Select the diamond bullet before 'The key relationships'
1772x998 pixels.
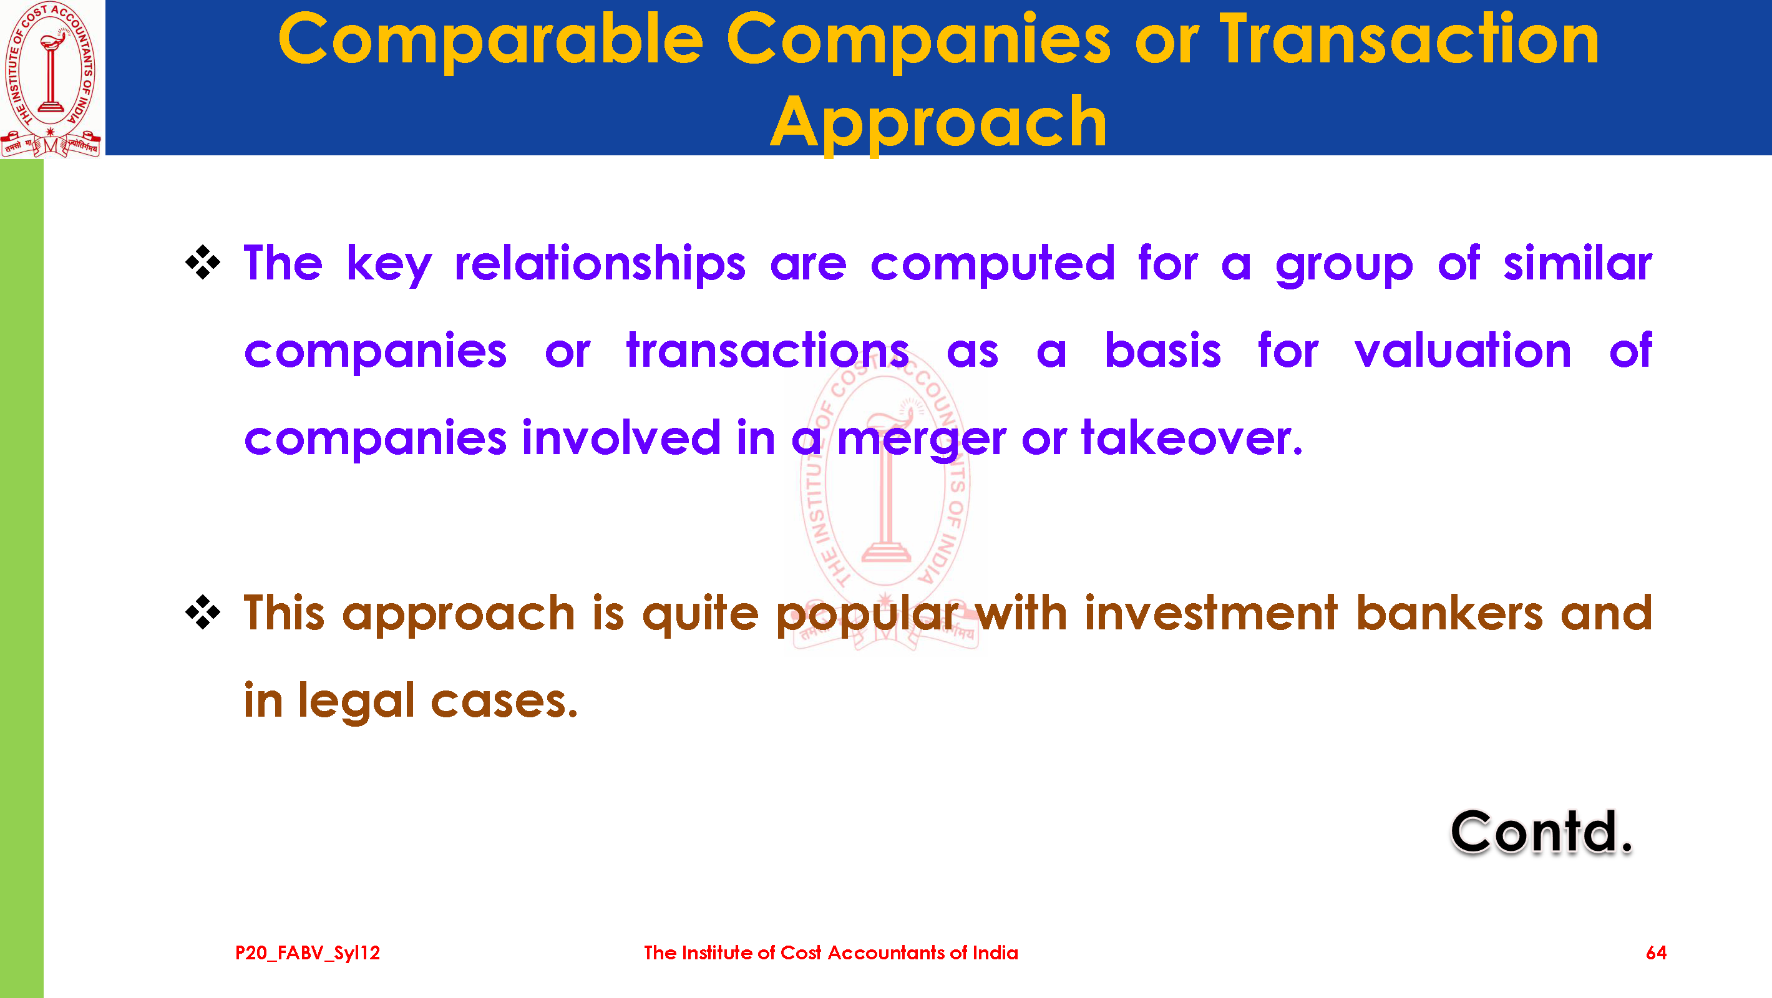[x=203, y=262]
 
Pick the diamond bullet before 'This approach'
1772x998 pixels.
[x=203, y=611]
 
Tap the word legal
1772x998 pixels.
[x=356, y=702]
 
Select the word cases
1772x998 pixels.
[x=504, y=702]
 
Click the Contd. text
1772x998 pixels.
[x=1542, y=831]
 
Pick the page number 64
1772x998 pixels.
[x=1656, y=952]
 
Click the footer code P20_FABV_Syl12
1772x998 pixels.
[x=308, y=952]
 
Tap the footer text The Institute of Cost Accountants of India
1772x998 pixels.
[x=831, y=952]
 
